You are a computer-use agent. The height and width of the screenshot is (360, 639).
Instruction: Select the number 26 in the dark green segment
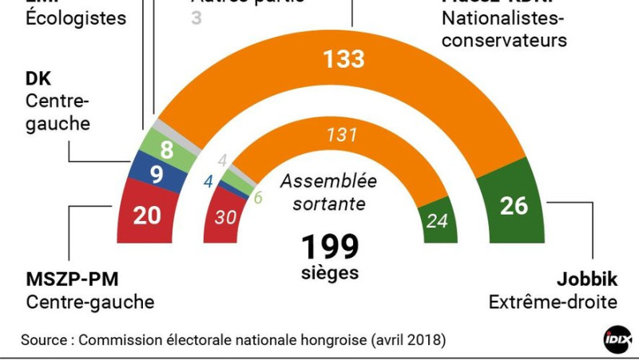point(514,205)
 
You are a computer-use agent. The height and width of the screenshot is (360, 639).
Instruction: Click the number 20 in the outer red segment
point(147,215)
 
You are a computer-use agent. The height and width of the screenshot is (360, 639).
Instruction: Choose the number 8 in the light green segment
point(165,148)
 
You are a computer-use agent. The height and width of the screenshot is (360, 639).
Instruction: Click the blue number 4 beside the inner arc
point(208,181)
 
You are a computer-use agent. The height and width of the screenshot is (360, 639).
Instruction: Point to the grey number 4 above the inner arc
point(223,159)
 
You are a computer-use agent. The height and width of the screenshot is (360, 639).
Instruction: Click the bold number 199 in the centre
point(330,247)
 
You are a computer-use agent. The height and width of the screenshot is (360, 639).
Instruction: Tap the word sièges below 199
point(330,273)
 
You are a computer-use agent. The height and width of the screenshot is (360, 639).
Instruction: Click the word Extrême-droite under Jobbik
point(553,303)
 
